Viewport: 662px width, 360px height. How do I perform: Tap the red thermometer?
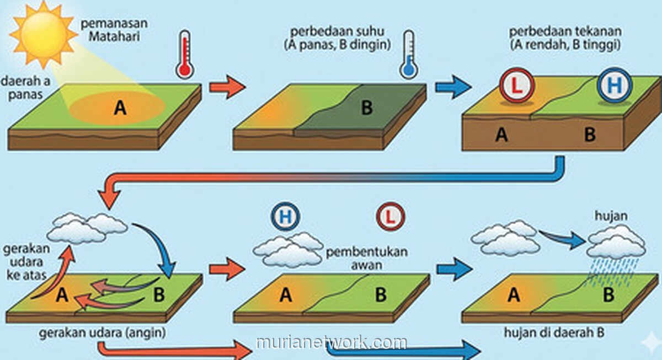[x=185, y=55]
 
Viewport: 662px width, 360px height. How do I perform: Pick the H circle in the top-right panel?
[x=614, y=87]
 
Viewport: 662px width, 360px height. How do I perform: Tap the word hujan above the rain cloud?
[x=610, y=216]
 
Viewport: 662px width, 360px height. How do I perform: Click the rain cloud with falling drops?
[x=616, y=243]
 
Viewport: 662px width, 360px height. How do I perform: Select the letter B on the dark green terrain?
[x=367, y=108]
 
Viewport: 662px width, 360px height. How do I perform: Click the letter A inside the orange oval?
[x=120, y=109]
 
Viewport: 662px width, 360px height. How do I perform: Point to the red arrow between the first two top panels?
[x=227, y=88]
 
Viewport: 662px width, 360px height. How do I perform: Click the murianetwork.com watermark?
[x=331, y=342]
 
